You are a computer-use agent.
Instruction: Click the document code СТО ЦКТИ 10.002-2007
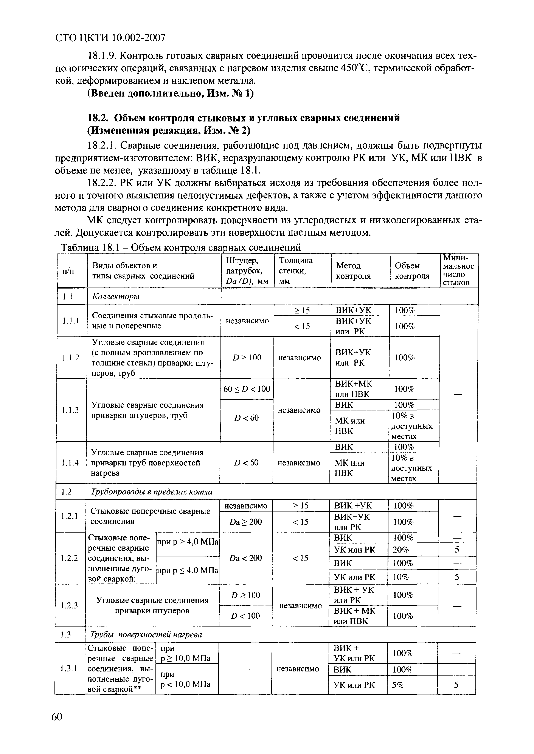click(110, 38)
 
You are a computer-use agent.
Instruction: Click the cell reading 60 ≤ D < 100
click(247, 389)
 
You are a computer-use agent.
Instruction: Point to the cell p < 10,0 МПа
click(185, 684)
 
